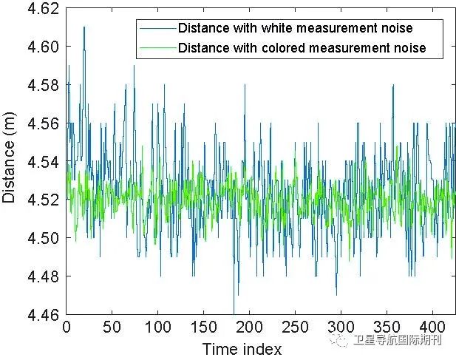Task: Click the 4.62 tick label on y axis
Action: click(43, 9)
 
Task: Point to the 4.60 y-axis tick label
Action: click(43, 47)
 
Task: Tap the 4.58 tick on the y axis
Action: click(43, 85)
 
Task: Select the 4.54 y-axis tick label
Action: click(43, 162)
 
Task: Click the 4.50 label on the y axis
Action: click(43, 238)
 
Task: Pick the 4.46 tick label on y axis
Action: click(43, 314)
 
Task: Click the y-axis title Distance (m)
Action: click(10, 162)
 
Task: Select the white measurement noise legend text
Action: click(295, 28)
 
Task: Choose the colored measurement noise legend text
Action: click(302, 48)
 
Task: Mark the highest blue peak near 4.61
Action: click(84, 28)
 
